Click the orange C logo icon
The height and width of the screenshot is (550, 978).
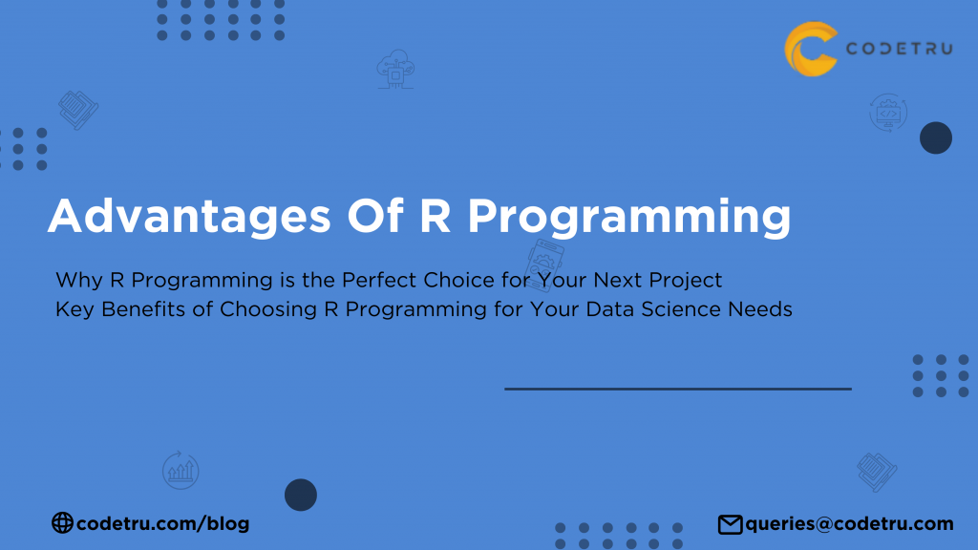click(811, 49)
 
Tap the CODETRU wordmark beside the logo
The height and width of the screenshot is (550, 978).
click(898, 49)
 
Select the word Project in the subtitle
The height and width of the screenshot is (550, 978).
click(687, 281)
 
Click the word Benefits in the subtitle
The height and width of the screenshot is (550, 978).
click(132, 309)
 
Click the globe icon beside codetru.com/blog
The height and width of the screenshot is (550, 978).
click(62, 522)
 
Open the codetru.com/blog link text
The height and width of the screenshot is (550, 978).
click(162, 523)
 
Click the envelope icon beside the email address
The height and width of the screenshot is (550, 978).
click(730, 523)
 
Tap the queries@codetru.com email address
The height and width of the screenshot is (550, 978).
click(849, 523)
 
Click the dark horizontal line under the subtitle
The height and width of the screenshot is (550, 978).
click(677, 389)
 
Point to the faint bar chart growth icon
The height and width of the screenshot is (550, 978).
click(180, 469)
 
